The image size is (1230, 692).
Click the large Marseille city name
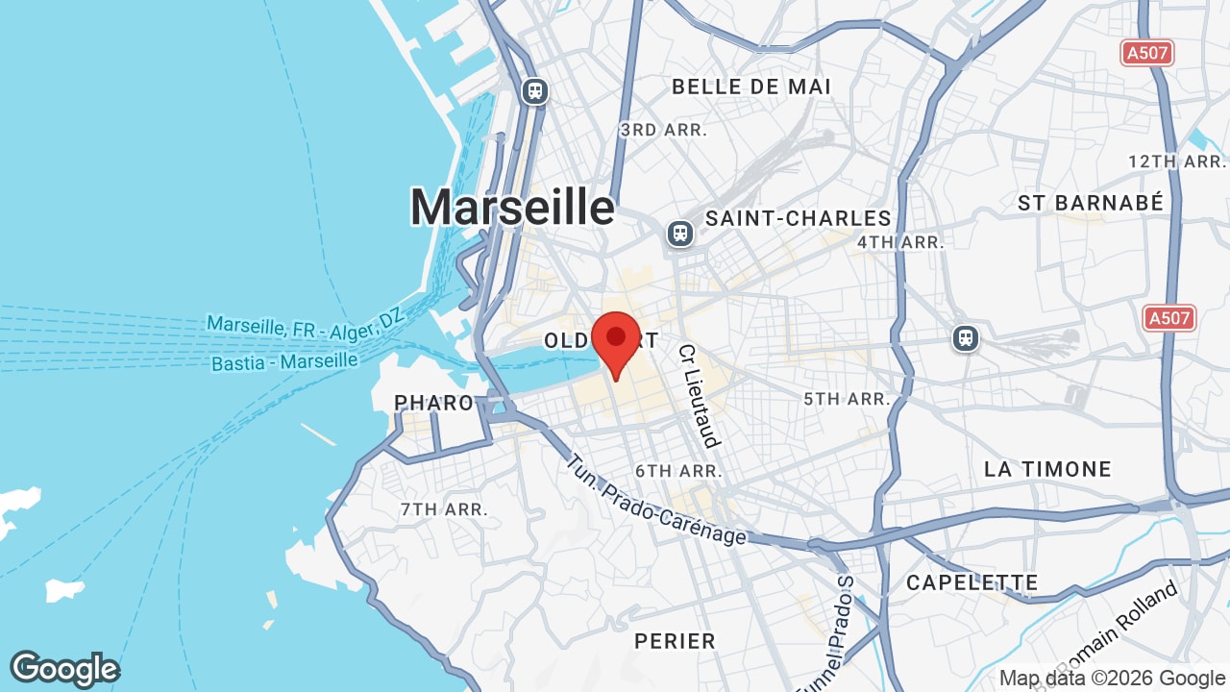point(512,207)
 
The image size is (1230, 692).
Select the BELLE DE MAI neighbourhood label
point(750,86)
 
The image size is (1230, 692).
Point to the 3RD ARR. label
point(663,130)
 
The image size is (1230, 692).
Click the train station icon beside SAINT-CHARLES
point(680,233)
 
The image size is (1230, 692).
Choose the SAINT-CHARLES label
point(799,218)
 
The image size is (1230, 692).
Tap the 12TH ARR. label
point(1176,161)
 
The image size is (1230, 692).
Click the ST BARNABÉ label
point(1090,203)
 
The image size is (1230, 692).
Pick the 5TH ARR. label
point(848,398)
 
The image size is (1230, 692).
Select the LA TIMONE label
point(1047,469)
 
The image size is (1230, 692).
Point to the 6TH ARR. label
point(677,471)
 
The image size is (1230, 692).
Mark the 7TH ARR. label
point(444,508)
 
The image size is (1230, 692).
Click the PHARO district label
point(434,403)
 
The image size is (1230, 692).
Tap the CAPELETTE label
point(972,582)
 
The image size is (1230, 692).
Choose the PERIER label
point(675,641)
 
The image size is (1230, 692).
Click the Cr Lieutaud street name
point(700,396)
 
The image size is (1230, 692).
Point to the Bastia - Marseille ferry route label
point(284,362)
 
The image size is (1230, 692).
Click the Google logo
point(64,669)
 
